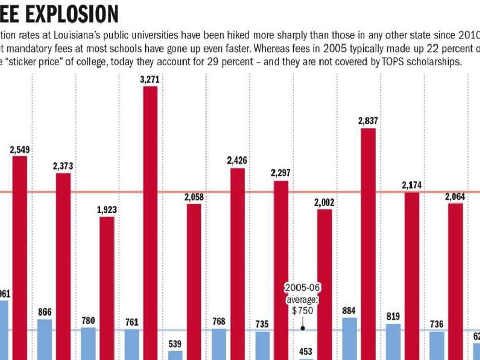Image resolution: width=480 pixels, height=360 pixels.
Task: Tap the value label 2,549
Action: tap(20, 150)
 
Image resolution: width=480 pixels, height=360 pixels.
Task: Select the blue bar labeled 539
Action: tap(175, 355)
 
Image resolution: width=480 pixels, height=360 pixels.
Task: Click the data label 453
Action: tap(306, 351)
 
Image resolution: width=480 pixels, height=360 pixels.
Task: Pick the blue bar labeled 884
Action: tap(350, 338)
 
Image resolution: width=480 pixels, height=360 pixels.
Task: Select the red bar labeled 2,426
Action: tap(237, 263)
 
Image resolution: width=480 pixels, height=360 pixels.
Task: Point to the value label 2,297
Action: tap(281, 173)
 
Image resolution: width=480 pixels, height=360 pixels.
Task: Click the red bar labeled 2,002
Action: tap(325, 284)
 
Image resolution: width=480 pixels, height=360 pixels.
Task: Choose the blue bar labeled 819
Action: tap(393, 341)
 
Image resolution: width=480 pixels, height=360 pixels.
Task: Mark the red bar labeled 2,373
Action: tap(63, 266)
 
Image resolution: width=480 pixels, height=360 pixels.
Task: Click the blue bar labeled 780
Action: tap(88, 343)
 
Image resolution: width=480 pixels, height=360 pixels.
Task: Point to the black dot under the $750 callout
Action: tap(302, 329)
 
